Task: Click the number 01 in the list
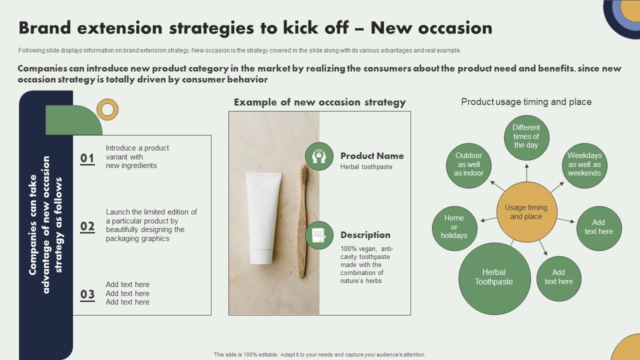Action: coord(87,158)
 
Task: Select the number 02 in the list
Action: coord(87,226)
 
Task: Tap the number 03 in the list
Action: coord(87,294)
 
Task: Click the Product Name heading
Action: coord(372,156)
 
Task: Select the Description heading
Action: coord(365,235)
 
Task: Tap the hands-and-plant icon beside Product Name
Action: coord(319,156)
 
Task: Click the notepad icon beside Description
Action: coord(319,235)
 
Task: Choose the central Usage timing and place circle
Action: coord(526,212)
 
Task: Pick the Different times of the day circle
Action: coord(526,137)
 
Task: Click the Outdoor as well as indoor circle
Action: coord(469,165)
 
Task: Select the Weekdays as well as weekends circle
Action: coord(584,165)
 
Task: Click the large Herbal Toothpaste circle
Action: coord(494,278)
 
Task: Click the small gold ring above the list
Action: coord(107,109)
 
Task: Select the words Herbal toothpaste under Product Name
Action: coord(366,167)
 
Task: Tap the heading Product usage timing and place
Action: coord(526,102)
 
